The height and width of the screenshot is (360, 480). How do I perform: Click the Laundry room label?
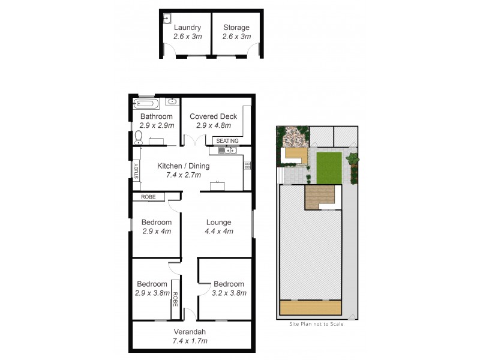click(187, 28)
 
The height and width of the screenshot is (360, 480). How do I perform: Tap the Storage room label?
click(236, 28)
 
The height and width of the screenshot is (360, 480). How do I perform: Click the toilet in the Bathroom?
click(139, 139)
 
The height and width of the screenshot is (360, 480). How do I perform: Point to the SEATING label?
click(227, 141)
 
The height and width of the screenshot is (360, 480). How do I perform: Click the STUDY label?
click(136, 173)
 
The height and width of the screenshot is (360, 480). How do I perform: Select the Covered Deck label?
click(213, 116)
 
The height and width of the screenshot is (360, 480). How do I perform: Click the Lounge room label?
click(218, 222)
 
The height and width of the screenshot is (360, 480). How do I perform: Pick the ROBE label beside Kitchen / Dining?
click(148, 197)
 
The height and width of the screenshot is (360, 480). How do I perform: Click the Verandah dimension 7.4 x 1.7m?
click(190, 341)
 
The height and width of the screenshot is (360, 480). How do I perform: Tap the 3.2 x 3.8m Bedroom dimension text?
click(229, 293)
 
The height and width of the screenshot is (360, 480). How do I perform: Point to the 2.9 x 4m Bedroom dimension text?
click(157, 231)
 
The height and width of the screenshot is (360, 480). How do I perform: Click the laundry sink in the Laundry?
click(168, 19)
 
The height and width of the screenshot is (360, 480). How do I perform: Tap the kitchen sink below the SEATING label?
click(230, 150)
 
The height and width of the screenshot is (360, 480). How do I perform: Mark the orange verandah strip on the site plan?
click(311, 308)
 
